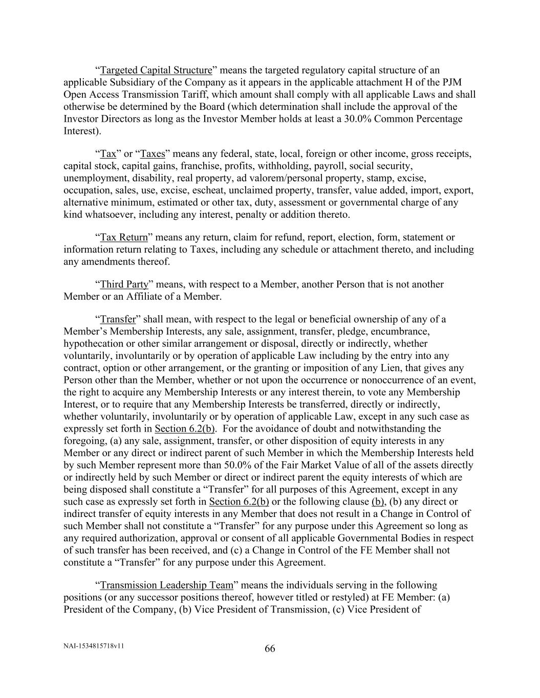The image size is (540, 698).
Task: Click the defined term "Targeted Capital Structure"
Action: pyautogui.click(x=156, y=70)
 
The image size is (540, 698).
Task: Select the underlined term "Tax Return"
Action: pyautogui.click(x=124, y=237)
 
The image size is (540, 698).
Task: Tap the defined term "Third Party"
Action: pyautogui.click(x=124, y=284)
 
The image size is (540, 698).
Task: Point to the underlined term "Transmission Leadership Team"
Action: pyautogui.click(x=166, y=585)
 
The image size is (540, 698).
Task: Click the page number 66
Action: pyautogui.click(x=270, y=649)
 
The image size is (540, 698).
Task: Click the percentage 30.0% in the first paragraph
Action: pyautogui.click(x=380, y=119)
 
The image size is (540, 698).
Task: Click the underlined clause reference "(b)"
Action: pyautogui.click(x=378, y=502)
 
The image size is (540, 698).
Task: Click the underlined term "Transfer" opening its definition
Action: pyautogui.click(x=118, y=320)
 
